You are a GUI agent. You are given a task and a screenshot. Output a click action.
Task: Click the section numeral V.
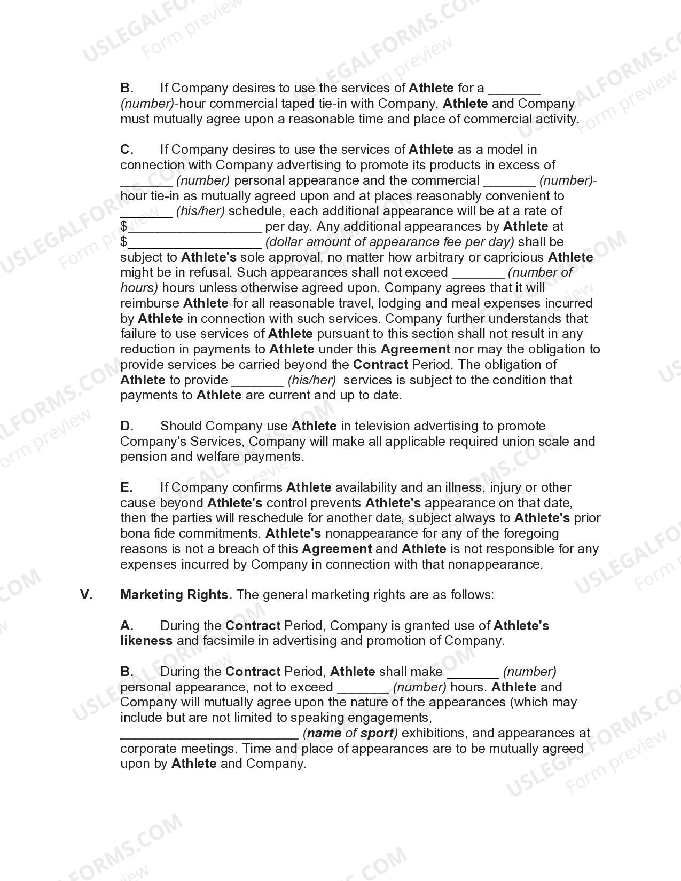(x=87, y=595)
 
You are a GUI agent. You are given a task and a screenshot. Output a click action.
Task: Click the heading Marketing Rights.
(x=176, y=595)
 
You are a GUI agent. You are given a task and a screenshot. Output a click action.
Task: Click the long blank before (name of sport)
(x=209, y=734)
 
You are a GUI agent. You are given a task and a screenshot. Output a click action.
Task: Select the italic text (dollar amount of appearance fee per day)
(x=390, y=242)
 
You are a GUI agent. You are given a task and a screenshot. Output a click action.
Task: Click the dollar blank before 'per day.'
(x=194, y=227)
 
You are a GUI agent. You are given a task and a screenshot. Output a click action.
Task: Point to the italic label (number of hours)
(x=539, y=273)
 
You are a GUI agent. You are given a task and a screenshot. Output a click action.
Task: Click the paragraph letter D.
(x=127, y=426)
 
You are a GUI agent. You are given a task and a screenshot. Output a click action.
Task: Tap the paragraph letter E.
(x=127, y=487)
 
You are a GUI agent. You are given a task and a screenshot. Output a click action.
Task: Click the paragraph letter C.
(x=127, y=150)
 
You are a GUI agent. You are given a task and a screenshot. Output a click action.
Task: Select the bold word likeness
(x=146, y=641)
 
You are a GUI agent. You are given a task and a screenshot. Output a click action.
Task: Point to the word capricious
(x=514, y=257)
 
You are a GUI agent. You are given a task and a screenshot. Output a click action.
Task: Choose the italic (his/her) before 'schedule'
(x=200, y=211)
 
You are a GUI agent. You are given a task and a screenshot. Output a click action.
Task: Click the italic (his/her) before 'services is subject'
(x=312, y=380)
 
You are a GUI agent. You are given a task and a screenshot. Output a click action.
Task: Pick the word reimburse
(x=150, y=303)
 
